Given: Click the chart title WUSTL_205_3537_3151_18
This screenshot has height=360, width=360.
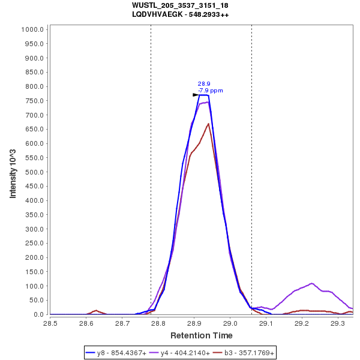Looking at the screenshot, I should [180, 5].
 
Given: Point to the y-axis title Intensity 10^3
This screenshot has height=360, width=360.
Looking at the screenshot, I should [13, 170].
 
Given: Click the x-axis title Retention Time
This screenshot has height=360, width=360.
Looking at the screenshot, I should [201, 335].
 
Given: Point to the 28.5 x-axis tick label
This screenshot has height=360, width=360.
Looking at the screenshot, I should [50, 323].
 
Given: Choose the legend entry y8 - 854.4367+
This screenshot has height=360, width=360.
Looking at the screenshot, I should [122, 353].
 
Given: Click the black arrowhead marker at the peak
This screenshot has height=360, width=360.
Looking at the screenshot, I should [196, 95].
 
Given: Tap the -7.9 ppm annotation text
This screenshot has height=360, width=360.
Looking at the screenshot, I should [210, 91].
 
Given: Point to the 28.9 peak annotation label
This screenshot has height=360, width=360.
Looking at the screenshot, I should [203, 84].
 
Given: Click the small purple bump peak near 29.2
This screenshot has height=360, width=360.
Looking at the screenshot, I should [312, 283].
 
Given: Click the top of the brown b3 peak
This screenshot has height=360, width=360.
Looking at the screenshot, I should [208, 124].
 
